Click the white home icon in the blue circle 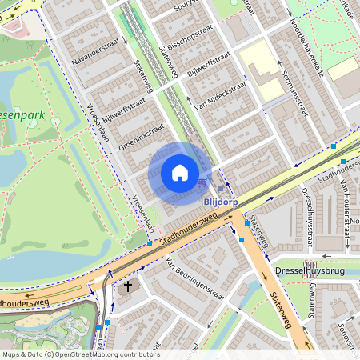(x=180, y=173)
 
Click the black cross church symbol (x=128, y=286)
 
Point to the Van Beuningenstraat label (x=194, y=275)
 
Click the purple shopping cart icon (x=202, y=182)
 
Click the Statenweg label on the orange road (x=283, y=310)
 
